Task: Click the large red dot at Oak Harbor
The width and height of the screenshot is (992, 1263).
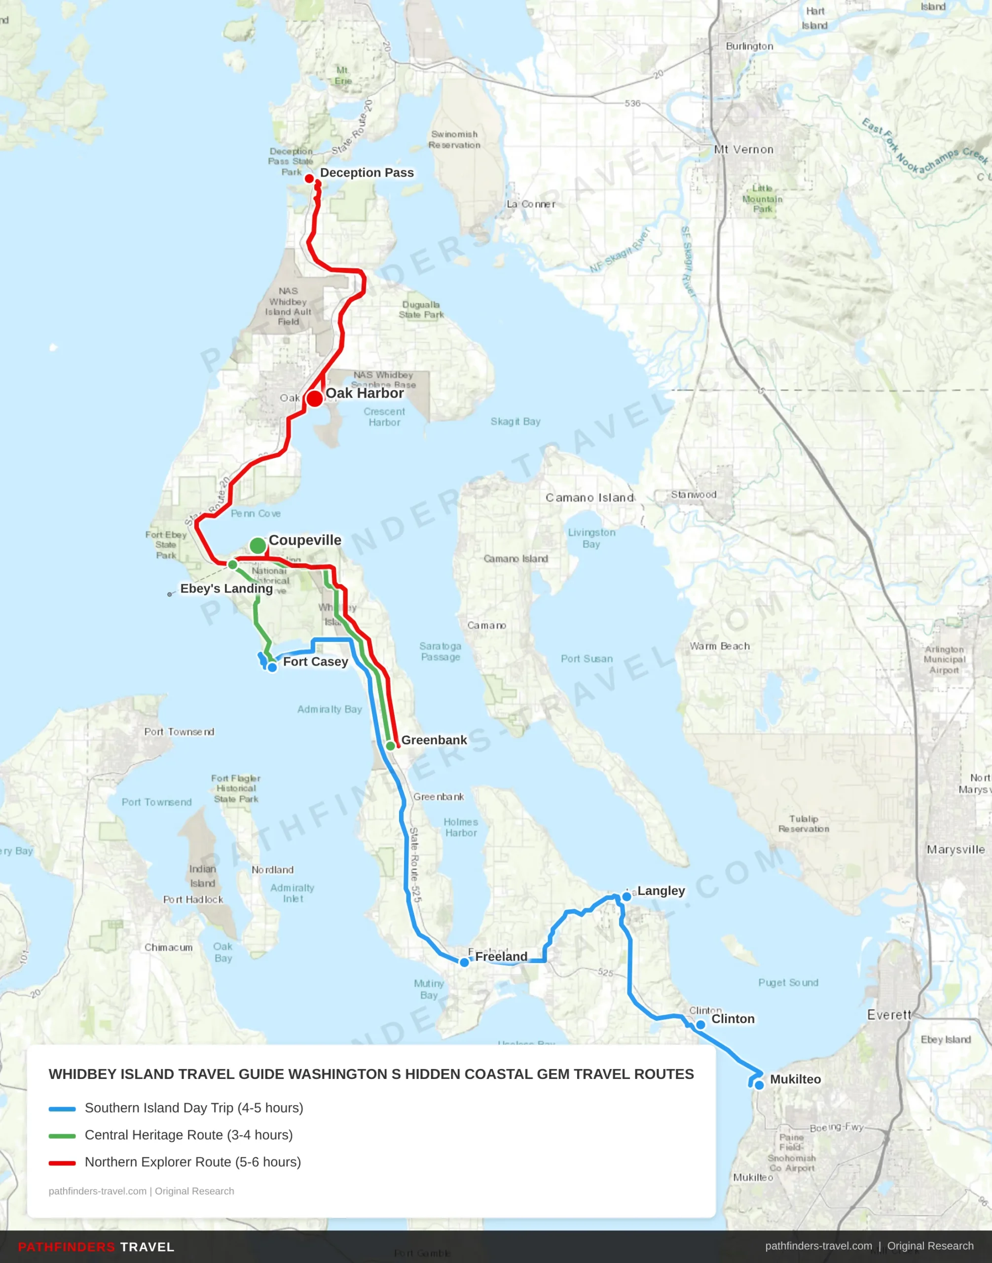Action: point(314,399)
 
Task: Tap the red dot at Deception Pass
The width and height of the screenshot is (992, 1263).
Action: point(310,179)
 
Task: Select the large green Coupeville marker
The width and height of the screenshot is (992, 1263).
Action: point(258,546)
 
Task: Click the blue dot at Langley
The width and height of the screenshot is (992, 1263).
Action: point(626,896)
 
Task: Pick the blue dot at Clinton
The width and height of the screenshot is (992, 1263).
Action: point(700,1025)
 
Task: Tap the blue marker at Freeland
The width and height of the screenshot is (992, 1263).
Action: point(464,963)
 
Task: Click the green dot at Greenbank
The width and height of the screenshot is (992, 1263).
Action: point(391,746)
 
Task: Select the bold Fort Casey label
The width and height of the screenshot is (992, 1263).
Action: point(315,662)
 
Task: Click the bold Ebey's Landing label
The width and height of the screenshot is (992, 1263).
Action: point(226,589)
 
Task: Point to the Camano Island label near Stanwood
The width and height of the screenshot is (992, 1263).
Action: point(589,498)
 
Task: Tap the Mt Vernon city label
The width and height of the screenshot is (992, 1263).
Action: point(744,150)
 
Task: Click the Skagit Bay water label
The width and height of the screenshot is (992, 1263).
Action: point(515,422)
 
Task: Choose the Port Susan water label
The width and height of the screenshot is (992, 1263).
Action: point(587,659)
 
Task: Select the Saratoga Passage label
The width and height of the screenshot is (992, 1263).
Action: point(440,651)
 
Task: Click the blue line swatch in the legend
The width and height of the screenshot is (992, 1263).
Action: point(62,1109)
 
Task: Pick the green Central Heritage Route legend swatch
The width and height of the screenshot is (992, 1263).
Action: point(62,1136)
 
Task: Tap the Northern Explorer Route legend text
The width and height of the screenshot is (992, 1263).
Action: point(193,1162)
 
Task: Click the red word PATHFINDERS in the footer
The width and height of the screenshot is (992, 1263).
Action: point(67,1247)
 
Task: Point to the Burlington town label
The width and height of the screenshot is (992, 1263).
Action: point(749,46)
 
